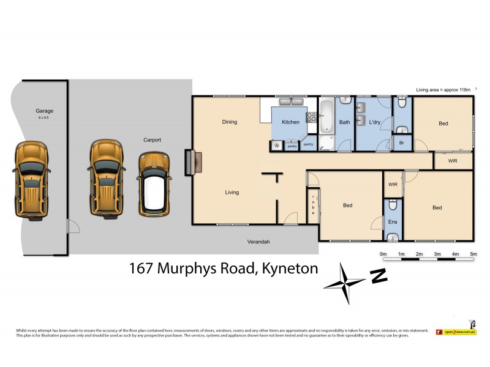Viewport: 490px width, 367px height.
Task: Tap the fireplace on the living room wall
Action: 190,163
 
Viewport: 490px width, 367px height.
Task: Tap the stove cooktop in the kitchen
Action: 311,117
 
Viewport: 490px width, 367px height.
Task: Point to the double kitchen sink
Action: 288,103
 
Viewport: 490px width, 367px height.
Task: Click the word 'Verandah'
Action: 258,242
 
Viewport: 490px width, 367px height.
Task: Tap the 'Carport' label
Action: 152,140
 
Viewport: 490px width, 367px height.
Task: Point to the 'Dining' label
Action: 230,122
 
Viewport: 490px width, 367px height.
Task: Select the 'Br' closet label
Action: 401,143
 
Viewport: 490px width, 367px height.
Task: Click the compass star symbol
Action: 345,283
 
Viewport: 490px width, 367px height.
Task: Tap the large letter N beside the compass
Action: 379,276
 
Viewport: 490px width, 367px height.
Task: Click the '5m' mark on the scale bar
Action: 473,254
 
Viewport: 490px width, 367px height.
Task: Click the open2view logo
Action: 456,332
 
